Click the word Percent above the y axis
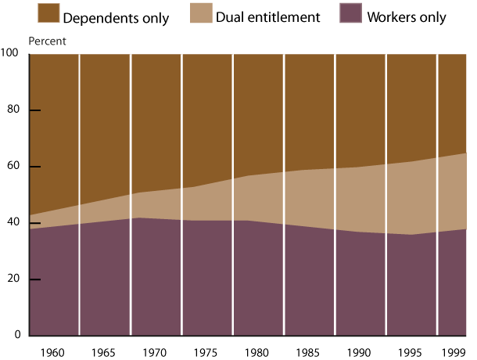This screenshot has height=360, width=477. click(47, 41)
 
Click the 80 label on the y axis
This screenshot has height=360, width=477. click(13, 110)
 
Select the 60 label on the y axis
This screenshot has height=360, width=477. click(13, 167)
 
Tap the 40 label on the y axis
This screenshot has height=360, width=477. click(13, 223)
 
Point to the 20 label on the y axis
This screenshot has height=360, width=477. click(13, 279)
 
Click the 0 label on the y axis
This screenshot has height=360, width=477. click(15, 336)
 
